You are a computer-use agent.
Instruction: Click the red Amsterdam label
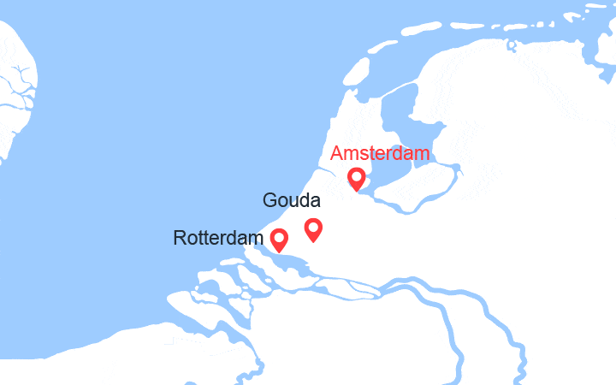pos(380,154)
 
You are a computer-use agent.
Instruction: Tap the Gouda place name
pos(292,202)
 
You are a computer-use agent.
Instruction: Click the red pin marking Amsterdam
pos(357,179)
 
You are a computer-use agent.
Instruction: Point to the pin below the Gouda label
pos(313,228)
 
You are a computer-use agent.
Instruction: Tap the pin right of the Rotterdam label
pos(279,240)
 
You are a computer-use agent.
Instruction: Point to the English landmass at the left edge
pos(15,94)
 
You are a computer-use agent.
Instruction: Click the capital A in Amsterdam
pos(337,154)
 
